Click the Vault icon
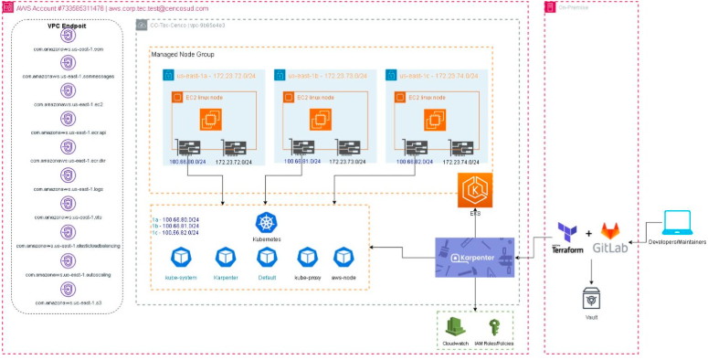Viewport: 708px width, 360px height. pos(591,298)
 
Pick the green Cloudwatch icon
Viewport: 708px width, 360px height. pos(454,327)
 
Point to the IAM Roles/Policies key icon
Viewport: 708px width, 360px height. pos(492,327)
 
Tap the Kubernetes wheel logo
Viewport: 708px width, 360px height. pos(266,221)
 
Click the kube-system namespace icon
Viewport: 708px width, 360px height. pos(180,257)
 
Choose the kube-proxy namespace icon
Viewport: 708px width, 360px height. pos(304,257)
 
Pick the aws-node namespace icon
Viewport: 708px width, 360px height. pos(343,257)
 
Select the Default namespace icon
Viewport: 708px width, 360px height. pos(265,257)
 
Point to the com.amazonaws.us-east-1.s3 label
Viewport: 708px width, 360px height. pos(67,301)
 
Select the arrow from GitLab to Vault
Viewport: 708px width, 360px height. pos(591,269)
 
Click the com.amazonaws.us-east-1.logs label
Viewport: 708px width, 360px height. pos(67,189)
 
